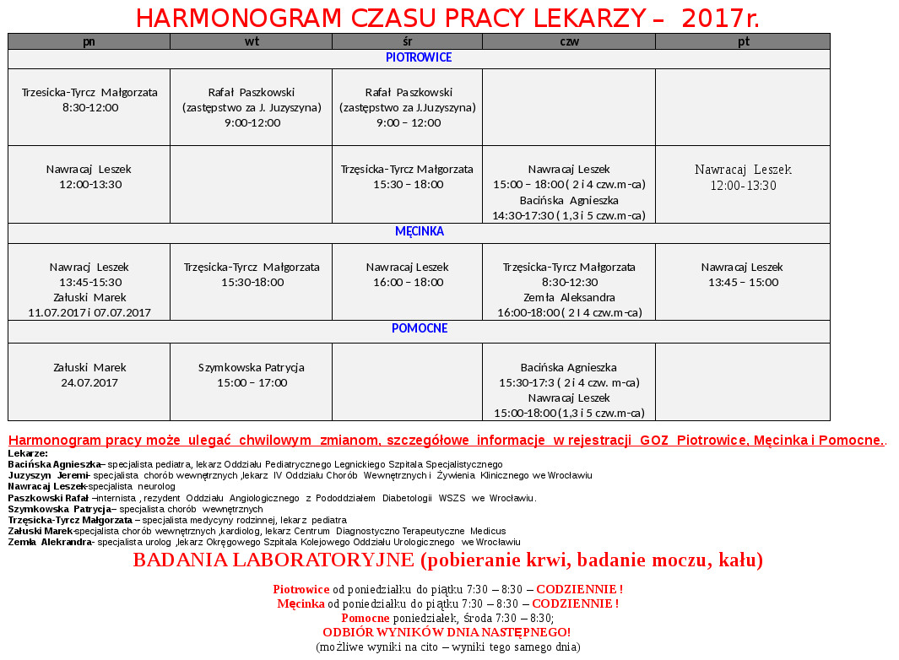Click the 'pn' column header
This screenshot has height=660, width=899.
(x=89, y=41)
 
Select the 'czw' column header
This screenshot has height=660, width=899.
(x=569, y=41)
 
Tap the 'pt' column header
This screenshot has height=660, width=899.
(x=743, y=41)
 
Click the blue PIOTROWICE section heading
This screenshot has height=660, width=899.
(x=419, y=58)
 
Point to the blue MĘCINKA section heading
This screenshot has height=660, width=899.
(x=419, y=231)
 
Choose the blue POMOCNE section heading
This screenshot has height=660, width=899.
(x=419, y=328)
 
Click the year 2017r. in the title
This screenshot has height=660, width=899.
(x=720, y=18)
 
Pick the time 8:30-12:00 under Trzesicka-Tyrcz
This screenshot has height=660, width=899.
(x=89, y=107)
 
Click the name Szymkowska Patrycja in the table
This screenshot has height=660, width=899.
(x=252, y=368)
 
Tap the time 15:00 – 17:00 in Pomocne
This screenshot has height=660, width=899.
(x=252, y=382)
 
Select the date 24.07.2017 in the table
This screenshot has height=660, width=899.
(x=89, y=382)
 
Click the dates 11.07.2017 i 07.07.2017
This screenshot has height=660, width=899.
(x=89, y=312)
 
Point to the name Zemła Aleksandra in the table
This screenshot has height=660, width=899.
(x=569, y=297)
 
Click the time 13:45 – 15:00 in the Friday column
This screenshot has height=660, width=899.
(x=743, y=282)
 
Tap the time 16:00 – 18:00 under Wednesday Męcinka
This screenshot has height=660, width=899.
(x=408, y=282)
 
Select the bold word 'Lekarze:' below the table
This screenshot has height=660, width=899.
(x=28, y=453)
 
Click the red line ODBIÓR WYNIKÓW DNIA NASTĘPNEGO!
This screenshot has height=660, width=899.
(x=447, y=632)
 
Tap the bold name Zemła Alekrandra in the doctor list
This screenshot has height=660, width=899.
(x=51, y=542)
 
